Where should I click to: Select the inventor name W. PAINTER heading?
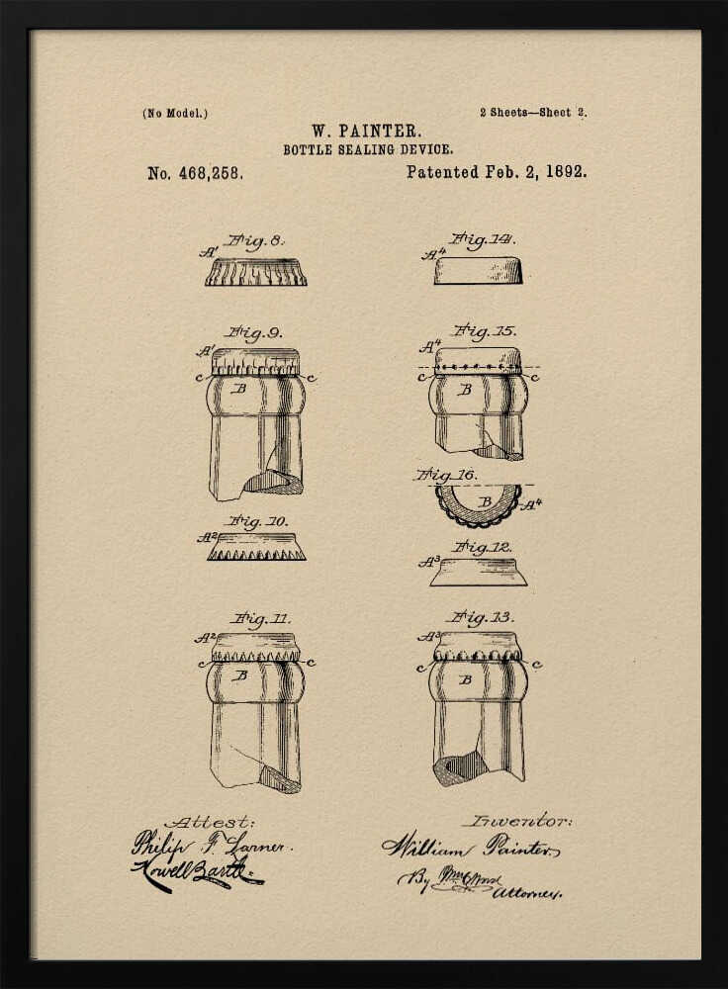click(367, 131)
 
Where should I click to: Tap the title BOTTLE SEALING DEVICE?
click(368, 150)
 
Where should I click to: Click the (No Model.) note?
click(175, 113)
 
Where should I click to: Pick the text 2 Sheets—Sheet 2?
click(532, 113)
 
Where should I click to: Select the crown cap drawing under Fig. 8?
click(256, 272)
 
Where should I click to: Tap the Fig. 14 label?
click(482, 239)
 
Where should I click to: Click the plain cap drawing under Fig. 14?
click(478, 271)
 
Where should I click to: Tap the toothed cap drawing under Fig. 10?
click(256, 547)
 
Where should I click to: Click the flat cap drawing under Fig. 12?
click(479, 572)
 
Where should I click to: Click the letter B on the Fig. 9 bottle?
click(238, 389)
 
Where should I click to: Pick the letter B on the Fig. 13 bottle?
click(465, 679)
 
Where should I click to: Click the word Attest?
click(210, 822)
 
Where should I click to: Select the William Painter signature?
click(471, 848)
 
